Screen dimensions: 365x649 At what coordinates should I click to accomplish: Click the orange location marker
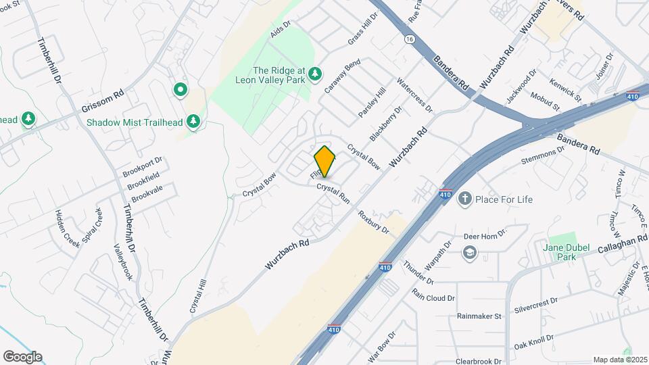(x=324, y=162)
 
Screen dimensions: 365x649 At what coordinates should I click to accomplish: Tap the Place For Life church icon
(x=464, y=199)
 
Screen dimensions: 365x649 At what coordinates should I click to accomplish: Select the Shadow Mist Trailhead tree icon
(x=194, y=121)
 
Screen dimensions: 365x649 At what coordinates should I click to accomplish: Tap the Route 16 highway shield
(x=410, y=40)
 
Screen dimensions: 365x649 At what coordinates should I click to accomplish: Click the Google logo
(x=22, y=357)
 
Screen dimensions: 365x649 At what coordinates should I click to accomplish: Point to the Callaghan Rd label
(x=623, y=243)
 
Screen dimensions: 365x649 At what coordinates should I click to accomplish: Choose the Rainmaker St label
(x=479, y=316)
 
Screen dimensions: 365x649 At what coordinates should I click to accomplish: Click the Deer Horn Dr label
(x=485, y=236)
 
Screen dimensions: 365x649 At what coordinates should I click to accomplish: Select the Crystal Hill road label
(x=197, y=296)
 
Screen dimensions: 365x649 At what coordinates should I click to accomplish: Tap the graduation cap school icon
(x=468, y=253)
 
